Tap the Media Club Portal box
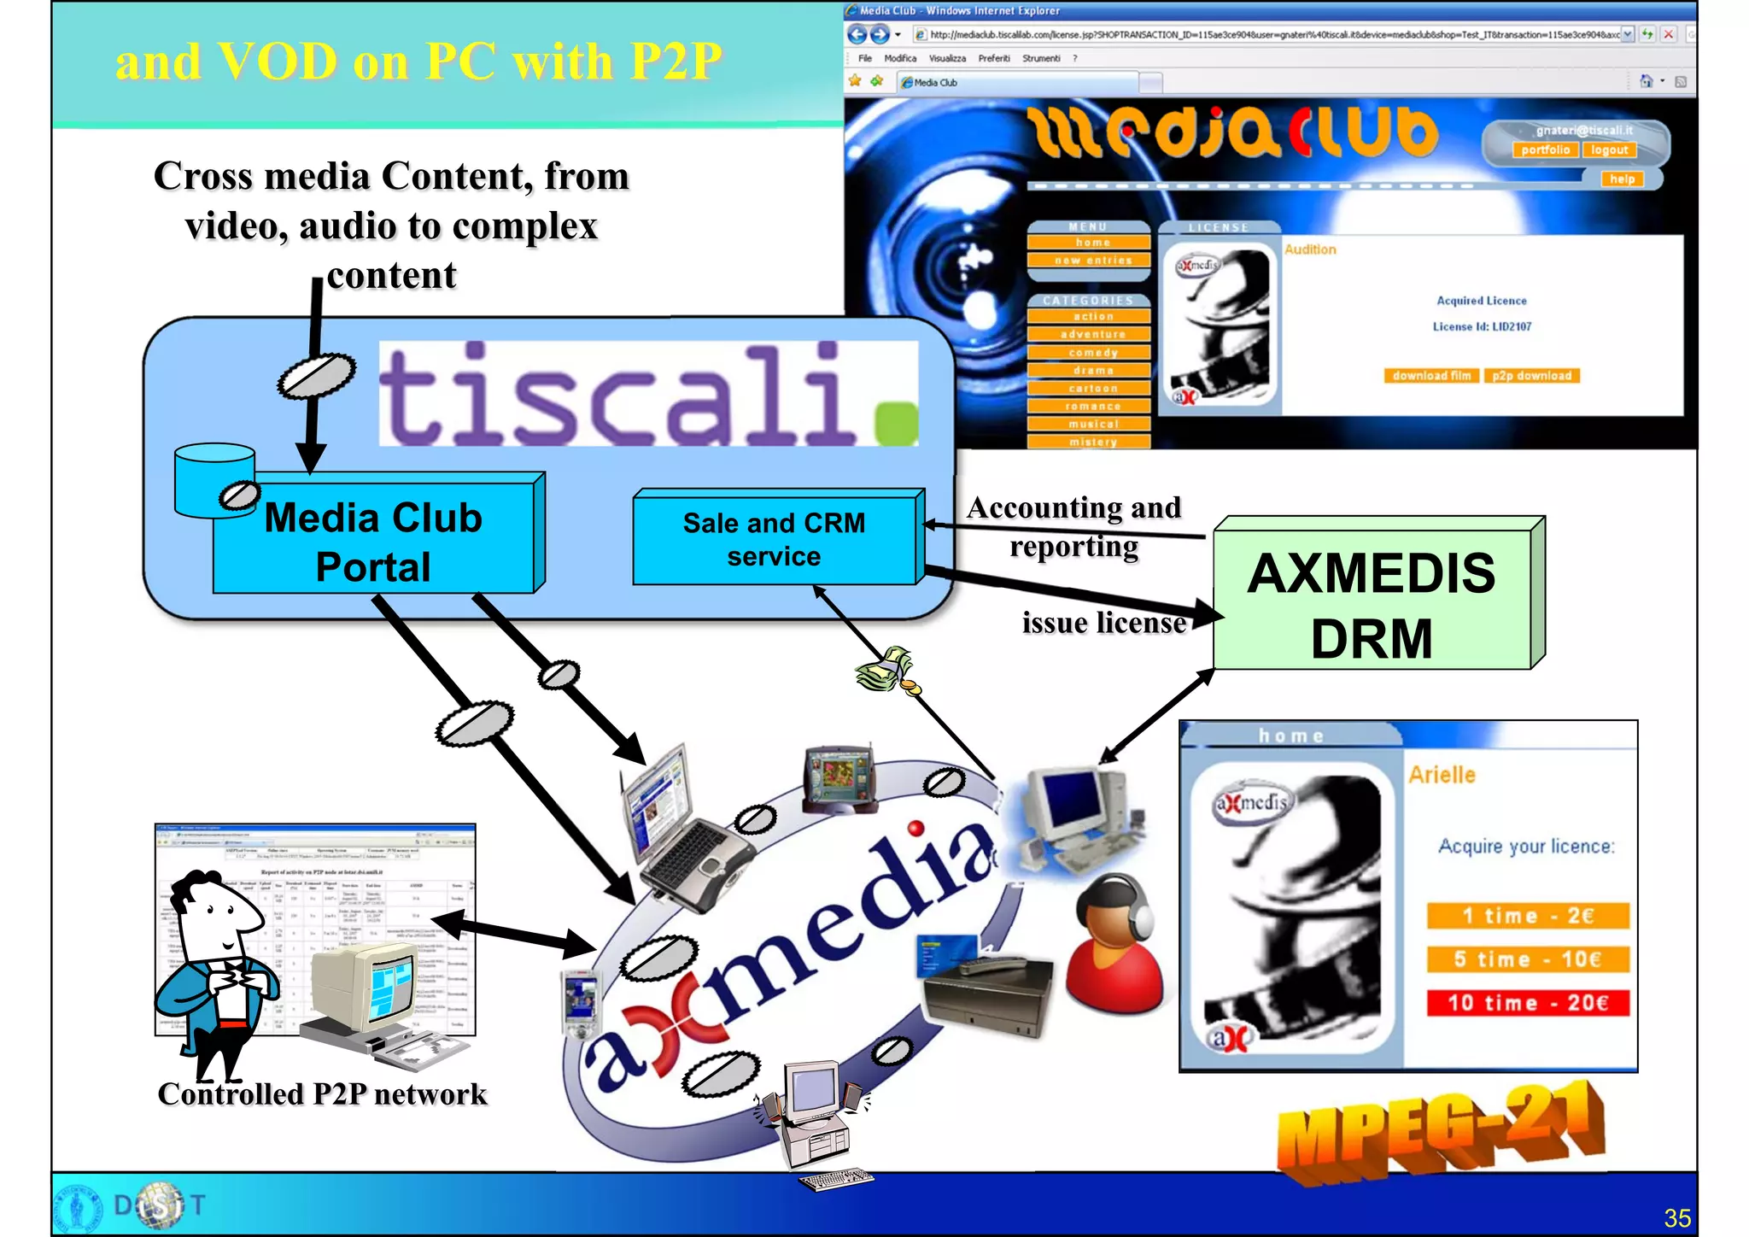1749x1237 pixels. [x=374, y=542]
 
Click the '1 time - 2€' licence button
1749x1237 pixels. [x=1528, y=916]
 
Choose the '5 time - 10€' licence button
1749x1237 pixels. [x=1528, y=959]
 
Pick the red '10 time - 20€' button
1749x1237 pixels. [x=1528, y=1003]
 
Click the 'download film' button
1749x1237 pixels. [x=1431, y=376]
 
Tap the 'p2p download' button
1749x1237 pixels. [x=1532, y=376]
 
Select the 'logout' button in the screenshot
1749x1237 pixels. [x=1609, y=150]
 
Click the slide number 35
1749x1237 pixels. [x=1677, y=1218]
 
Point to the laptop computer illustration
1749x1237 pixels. [x=683, y=829]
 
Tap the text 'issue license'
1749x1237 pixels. [x=1103, y=623]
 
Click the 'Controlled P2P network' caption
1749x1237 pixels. [x=322, y=1094]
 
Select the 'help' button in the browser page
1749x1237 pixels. [x=1622, y=179]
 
